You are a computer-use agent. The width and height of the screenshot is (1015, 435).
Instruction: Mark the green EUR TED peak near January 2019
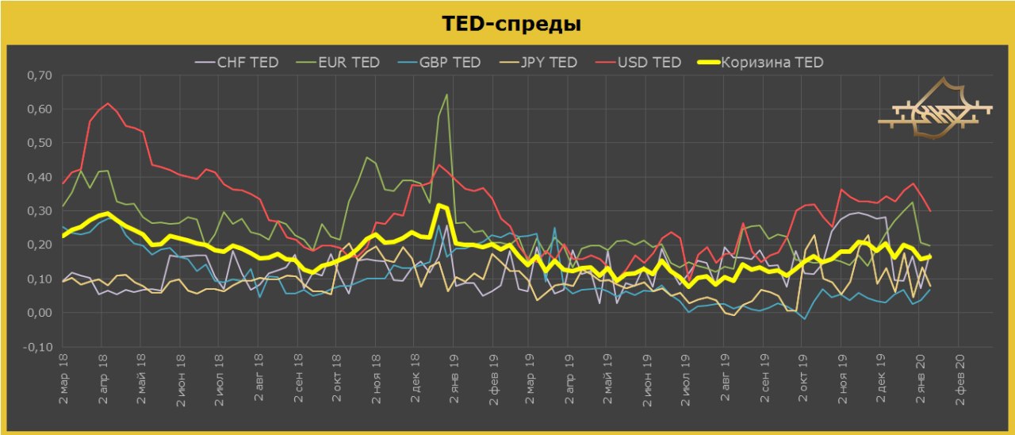(446, 94)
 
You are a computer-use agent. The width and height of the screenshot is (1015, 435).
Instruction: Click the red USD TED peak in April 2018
(108, 103)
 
